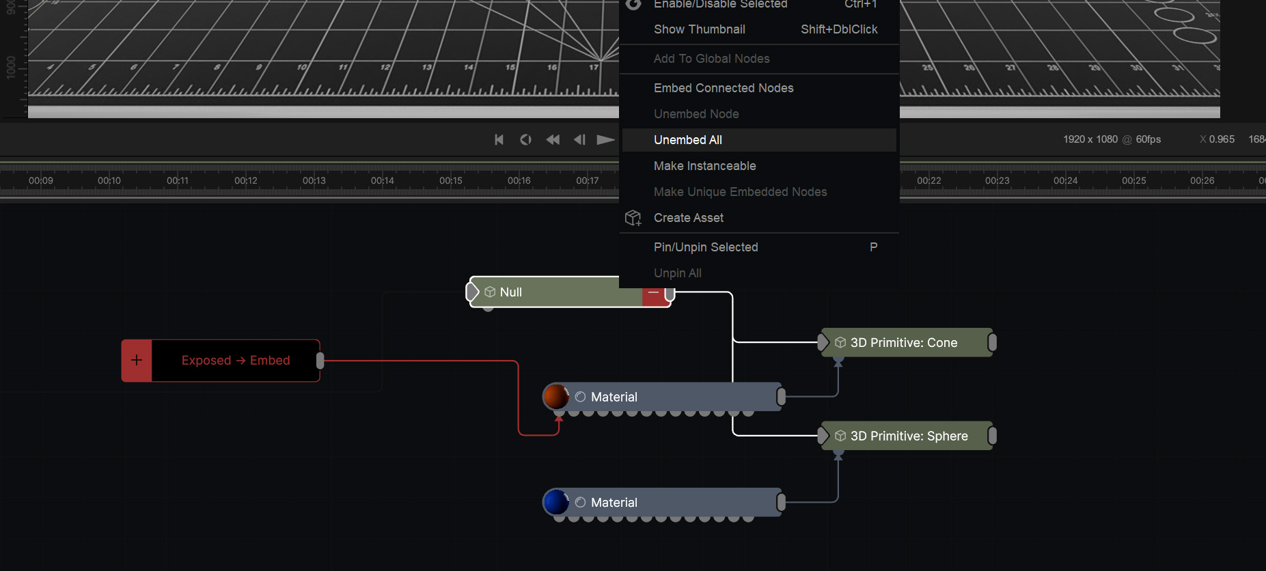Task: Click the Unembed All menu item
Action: [x=687, y=140]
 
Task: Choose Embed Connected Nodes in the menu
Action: [x=723, y=88]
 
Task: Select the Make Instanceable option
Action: [x=704, y=166]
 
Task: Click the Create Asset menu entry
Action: [x=688, y=218]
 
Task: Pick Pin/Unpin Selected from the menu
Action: [x=705, y=247]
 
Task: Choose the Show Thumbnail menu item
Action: [x=699, y=29]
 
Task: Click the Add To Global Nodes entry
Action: [x=711, y=59]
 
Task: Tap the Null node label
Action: [x=510, y=292]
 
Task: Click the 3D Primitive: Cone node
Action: [x=903, y=343]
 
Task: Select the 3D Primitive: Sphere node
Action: [x=909, y=436]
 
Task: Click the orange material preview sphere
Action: [x=556, y=397]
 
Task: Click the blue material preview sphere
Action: [x=556, y=502]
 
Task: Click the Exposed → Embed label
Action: [x=236, y=361]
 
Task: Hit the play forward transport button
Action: [x=605, y=140]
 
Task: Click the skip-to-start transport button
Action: [x=499, y=140]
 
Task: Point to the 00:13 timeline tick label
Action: [x=314, y=181]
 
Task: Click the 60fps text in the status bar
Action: [x=1148, y=139]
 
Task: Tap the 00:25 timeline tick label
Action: [x=1133, y=181]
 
